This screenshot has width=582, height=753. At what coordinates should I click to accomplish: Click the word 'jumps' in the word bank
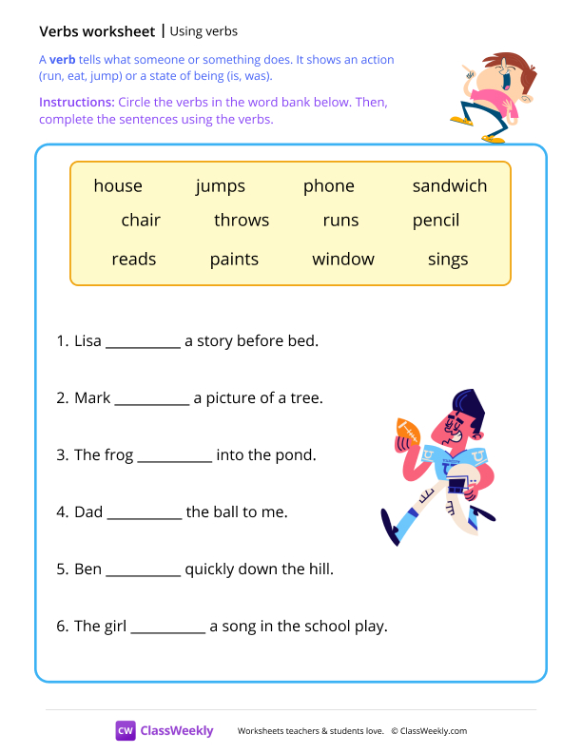tap(221, 186)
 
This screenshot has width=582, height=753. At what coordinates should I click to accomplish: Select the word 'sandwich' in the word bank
tap(449, 186)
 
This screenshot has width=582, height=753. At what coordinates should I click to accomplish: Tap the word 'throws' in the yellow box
tap(242, 221)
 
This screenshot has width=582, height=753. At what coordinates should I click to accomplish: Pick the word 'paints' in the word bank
tap(235, 260)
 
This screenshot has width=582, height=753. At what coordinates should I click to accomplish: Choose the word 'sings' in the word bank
tap(448, 260)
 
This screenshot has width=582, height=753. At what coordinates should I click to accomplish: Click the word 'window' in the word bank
tap(343, 260)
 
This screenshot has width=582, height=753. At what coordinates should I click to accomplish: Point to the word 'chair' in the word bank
tap(141, 221)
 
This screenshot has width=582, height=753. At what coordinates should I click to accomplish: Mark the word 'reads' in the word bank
tap(133, 260)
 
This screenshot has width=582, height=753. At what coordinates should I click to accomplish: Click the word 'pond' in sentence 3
tap(296, 455)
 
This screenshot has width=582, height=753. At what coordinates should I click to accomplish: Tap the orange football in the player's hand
tap(407, 432)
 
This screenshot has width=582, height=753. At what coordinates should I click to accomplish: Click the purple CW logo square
tap(126, 730)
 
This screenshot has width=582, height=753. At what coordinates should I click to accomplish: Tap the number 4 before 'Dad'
tap(61, 512)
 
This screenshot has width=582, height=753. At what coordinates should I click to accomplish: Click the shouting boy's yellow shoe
tap(461, 121)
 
